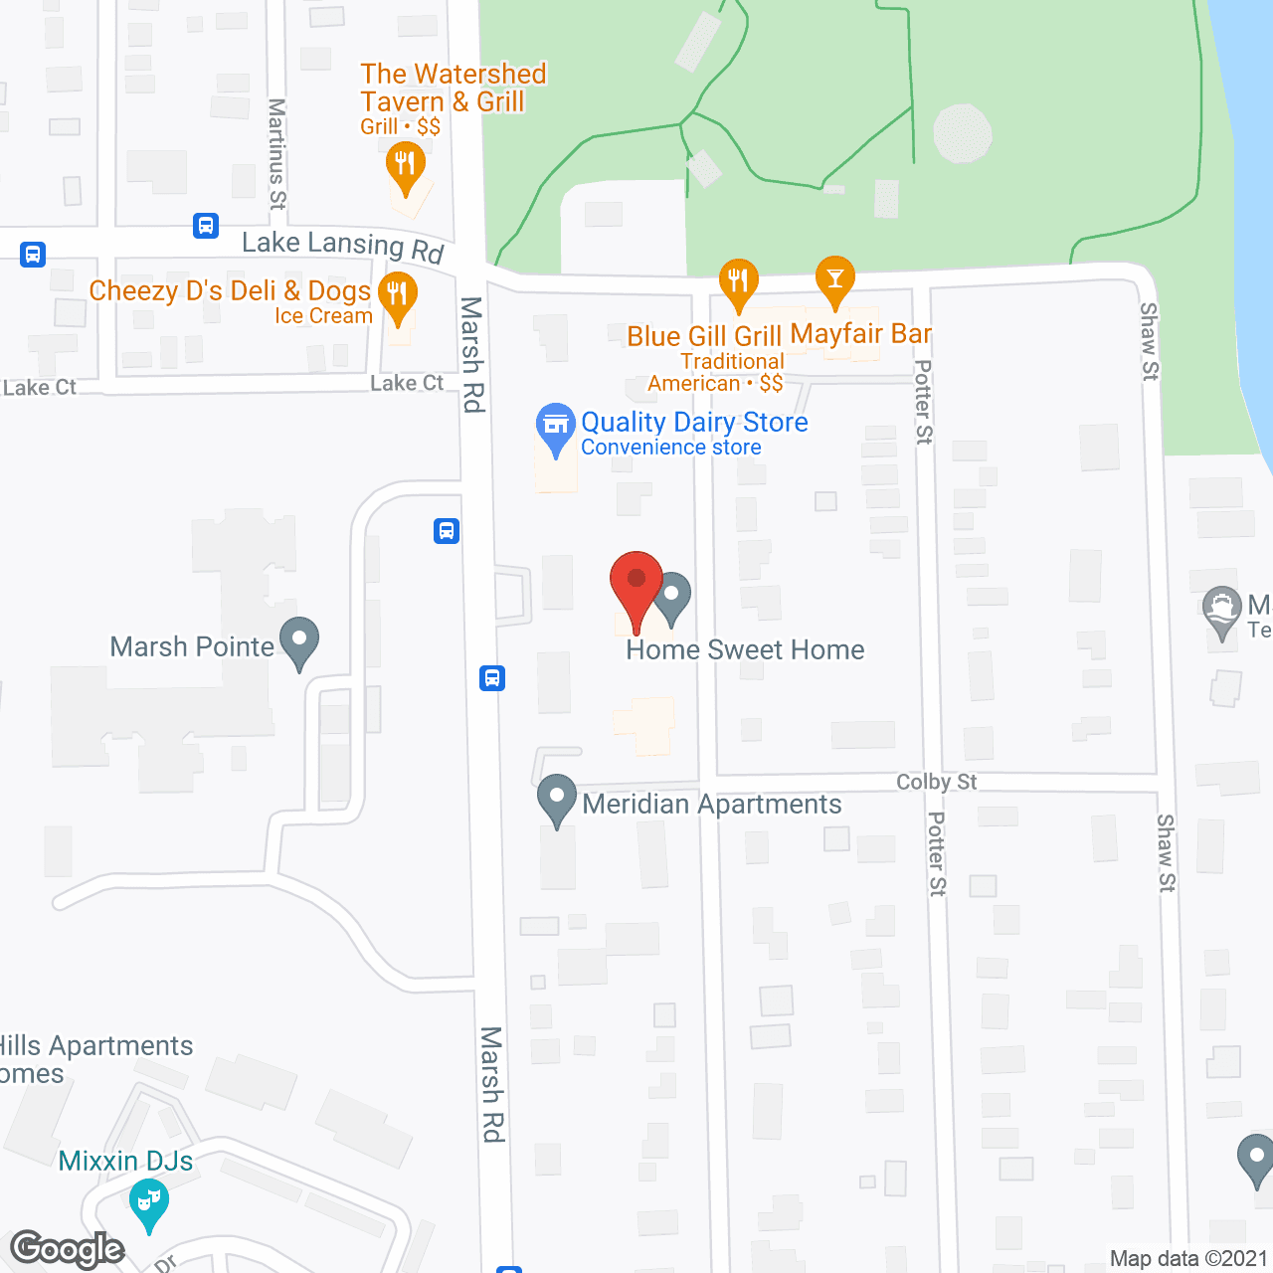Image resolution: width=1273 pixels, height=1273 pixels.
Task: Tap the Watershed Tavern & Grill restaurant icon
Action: pos(405,164)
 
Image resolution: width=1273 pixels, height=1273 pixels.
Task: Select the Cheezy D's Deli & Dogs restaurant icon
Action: pos(398,295)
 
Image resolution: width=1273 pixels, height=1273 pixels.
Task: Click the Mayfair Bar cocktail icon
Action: pos(834,279)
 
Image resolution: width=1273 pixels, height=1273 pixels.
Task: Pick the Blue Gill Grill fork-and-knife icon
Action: pos(738,282)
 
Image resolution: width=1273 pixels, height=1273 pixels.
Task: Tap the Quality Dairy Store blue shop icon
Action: pos(556,428)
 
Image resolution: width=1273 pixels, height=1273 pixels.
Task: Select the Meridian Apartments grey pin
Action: pos(557,798)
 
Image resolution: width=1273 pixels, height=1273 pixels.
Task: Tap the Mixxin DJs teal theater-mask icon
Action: pos(148,1202)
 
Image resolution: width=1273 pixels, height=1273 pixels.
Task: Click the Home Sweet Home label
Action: pos(745,650)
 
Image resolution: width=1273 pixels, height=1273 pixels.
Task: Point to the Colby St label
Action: pos(936,783)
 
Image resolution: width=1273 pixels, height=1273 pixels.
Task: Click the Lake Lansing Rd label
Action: pos(342,245)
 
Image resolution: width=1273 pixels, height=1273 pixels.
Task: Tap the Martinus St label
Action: pos(277,153)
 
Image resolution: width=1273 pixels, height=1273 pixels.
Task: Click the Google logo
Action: pos(68,1249)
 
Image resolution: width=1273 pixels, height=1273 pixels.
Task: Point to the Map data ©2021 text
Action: pos(1188,1259)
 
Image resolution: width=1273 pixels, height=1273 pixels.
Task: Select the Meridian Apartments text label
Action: pos(712,805)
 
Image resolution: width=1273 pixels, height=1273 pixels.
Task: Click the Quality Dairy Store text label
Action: pos(694,423)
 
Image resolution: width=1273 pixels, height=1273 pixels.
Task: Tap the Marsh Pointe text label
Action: pos(192,647)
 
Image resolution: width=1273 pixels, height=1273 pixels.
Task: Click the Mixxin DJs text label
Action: pos(125,1162)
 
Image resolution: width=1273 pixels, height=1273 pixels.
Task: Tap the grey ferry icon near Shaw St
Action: pos(1221,611)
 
